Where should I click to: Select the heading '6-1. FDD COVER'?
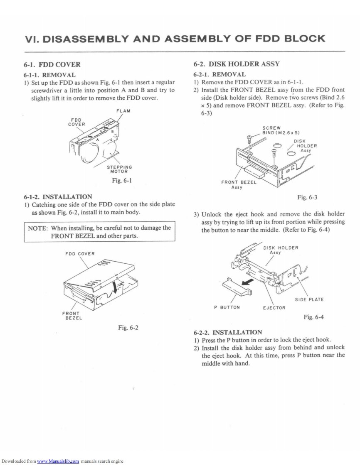pos(52,64)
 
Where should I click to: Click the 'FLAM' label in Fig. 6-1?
pos(125,110)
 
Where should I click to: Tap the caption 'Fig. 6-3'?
pos(308,197)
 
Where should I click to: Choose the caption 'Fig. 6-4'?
pos(314,317)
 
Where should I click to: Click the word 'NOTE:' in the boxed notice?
pos(38,228)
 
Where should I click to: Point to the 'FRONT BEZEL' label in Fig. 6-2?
pos(72,316)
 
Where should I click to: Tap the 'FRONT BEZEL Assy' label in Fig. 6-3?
pos(239,184)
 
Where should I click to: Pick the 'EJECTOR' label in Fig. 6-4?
pos(274,308)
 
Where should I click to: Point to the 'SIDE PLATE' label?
pos(309,299)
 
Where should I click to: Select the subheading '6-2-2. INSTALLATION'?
pos(228,332)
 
